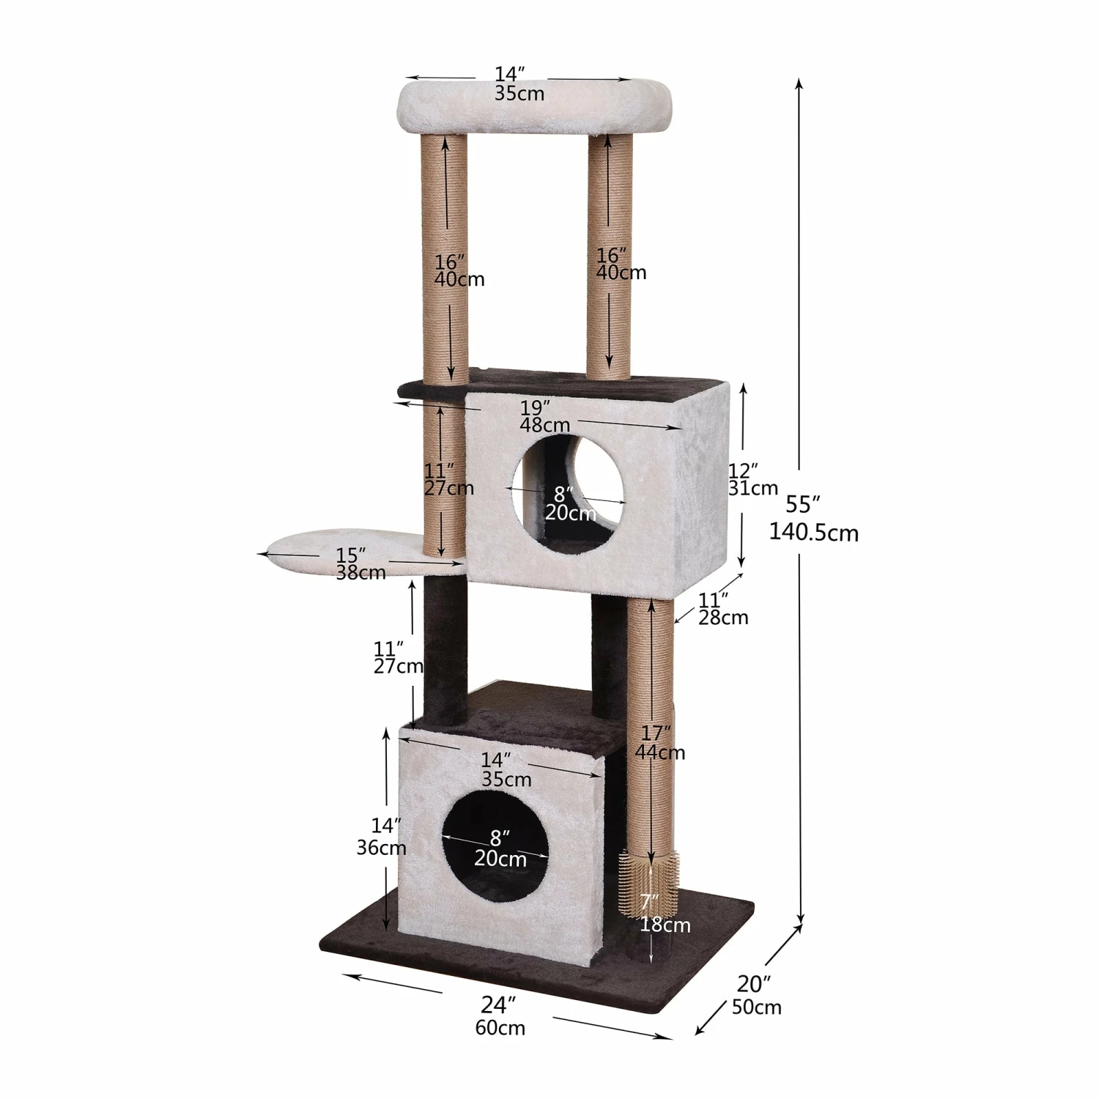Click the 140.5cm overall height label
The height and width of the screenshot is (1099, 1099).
pos(813,533)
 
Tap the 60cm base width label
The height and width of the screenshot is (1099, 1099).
pos(500,1028)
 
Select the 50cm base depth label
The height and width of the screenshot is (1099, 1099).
pos(757,1007)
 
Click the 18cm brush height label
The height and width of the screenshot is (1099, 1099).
pos(665,925)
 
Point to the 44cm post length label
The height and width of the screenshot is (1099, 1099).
pos(660,752)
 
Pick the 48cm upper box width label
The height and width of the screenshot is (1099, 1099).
pos(545,425)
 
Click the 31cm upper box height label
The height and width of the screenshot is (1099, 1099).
pos(753,488)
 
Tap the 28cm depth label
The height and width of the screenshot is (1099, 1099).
pos(723,618)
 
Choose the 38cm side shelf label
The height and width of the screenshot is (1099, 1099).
pos(361,573)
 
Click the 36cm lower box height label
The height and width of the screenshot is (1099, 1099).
pos(381,848)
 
